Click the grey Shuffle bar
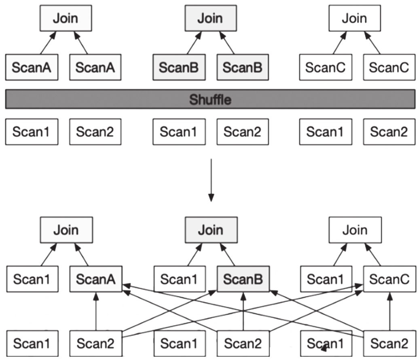(x=210, y=99)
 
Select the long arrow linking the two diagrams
(x=211, y=180)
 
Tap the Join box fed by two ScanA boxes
(x=66, y=18)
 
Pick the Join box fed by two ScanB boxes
(x=211, y=18)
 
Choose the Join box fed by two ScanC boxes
(x=355, y=18)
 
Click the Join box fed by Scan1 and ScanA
(x=66, y=230)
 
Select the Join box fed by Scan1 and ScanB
(x=211, y=230)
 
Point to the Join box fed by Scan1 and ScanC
(x=355, y=230)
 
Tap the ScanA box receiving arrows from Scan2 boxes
(x=96, y=279)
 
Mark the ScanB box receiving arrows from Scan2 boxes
(x=243, y=279)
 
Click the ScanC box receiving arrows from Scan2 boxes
(x=389, y=279)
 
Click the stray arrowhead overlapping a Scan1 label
(x=324, y=347)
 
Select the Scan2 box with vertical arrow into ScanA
(x=96, y=343)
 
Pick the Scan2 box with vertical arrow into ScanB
(x=243, y=343)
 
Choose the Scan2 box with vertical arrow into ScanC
(x=389, y=343)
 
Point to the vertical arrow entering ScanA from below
(x=96, y=312)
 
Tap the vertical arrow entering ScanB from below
(x=243, y=312)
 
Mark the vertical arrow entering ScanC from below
(x=389, y=312)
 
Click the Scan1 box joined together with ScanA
(x=32, y=279)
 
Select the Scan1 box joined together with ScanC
(x=326, y=279)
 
